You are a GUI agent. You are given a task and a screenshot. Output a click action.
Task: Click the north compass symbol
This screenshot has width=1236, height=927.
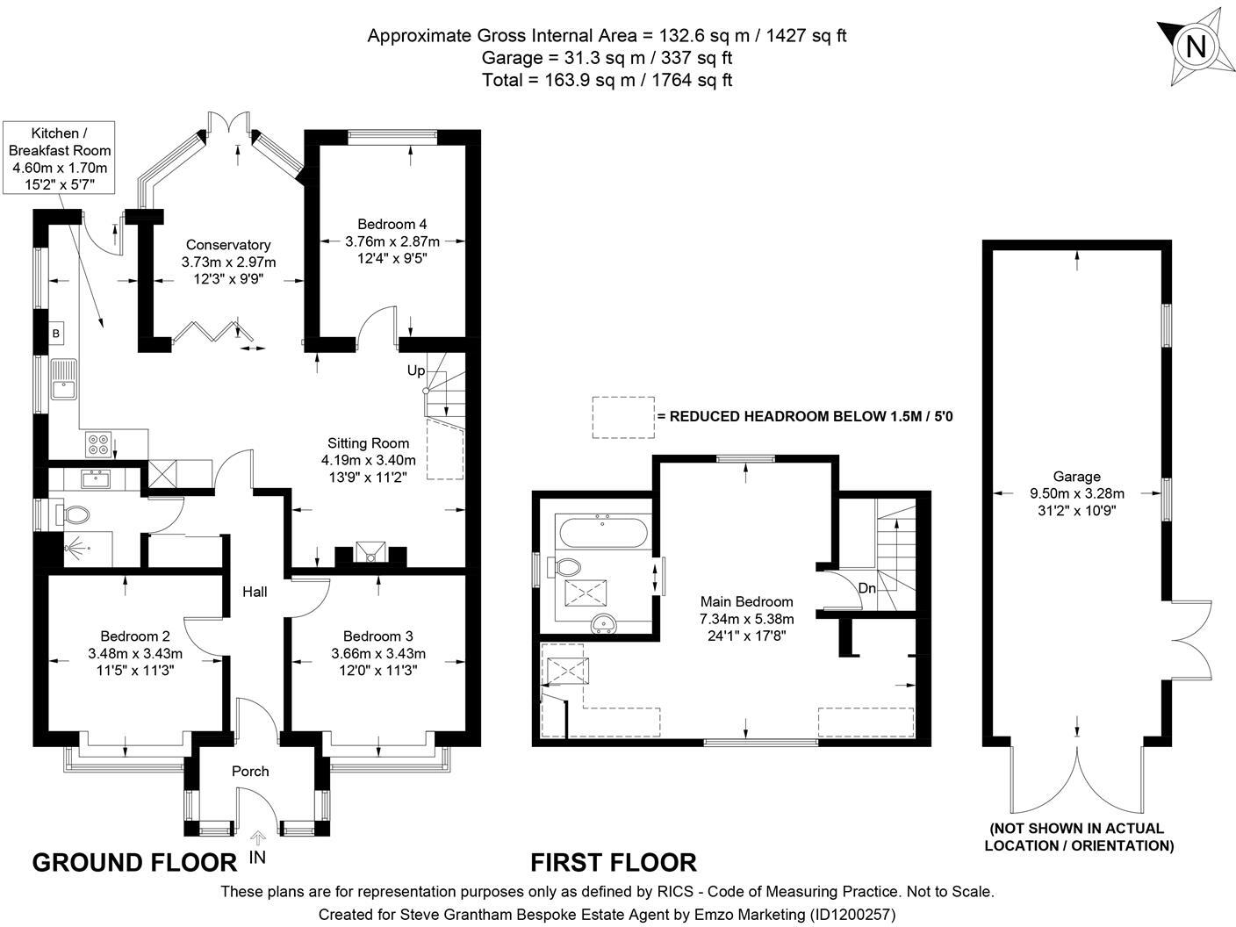(x=1195, y=47)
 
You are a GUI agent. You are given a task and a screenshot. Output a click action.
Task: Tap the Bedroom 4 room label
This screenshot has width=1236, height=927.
(x=392, y=224)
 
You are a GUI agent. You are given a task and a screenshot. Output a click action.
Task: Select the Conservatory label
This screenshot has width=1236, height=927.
(x=228, y=245)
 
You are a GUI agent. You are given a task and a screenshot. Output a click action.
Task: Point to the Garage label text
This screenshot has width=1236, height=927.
(x=1076, y=477)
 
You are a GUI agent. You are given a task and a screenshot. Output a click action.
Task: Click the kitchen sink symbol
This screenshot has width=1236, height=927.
(x=64, y=379)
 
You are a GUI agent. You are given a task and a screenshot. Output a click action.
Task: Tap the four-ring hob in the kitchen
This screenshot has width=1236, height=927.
(x=98, y=444)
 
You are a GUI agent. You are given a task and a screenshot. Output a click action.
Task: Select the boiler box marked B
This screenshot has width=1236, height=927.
(x=56, y=334)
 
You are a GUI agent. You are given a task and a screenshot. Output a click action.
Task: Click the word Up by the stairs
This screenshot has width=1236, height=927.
(x=415, y=370)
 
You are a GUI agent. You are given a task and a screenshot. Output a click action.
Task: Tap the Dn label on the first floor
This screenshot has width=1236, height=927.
(x=866, y=588)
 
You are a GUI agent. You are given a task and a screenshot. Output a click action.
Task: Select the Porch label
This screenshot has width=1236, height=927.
(x=250, y=772)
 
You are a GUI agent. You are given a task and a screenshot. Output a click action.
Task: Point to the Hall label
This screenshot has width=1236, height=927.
(x=255, y=593)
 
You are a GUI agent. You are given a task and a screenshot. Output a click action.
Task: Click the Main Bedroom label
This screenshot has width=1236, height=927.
(x=746, y=602)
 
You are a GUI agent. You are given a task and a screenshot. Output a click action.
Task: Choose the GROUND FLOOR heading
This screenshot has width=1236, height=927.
(x=134, y=862)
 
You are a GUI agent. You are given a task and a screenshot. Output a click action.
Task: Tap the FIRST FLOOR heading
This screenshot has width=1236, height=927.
(x=613, y=862)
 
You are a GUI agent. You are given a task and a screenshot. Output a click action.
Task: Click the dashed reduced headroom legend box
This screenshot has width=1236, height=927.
(x=622, y=416)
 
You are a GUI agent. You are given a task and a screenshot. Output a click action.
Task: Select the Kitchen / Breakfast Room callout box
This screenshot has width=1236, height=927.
(x=60, y=158)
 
